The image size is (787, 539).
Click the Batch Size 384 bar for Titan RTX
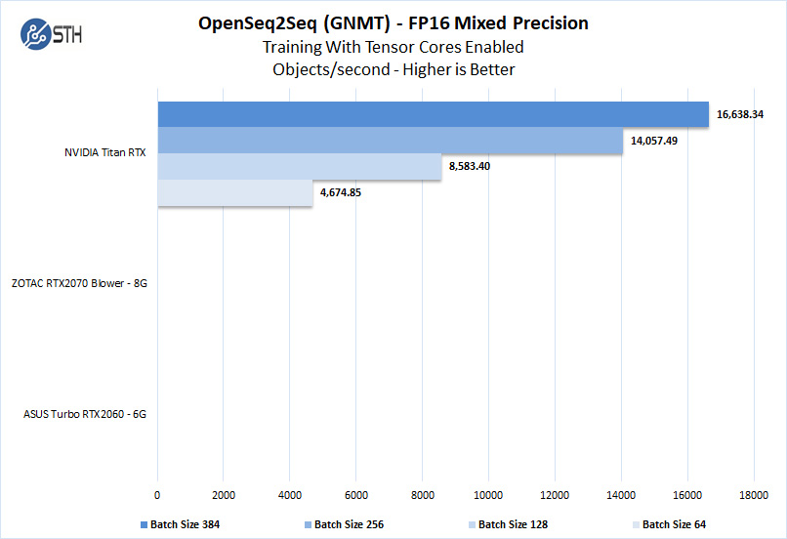[433, 114]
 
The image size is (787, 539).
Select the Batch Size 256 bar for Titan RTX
[391, 141]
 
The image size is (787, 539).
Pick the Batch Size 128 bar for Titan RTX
[300, 167]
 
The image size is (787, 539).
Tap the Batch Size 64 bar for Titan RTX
[234, 193]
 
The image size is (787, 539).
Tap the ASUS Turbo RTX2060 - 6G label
[85, 413]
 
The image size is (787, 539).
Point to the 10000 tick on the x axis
[488, 495]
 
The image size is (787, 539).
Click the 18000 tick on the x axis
[753, 495]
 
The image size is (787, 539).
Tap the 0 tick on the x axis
[157, 495]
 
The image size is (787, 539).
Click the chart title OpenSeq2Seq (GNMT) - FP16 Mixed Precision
[393, 22]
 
